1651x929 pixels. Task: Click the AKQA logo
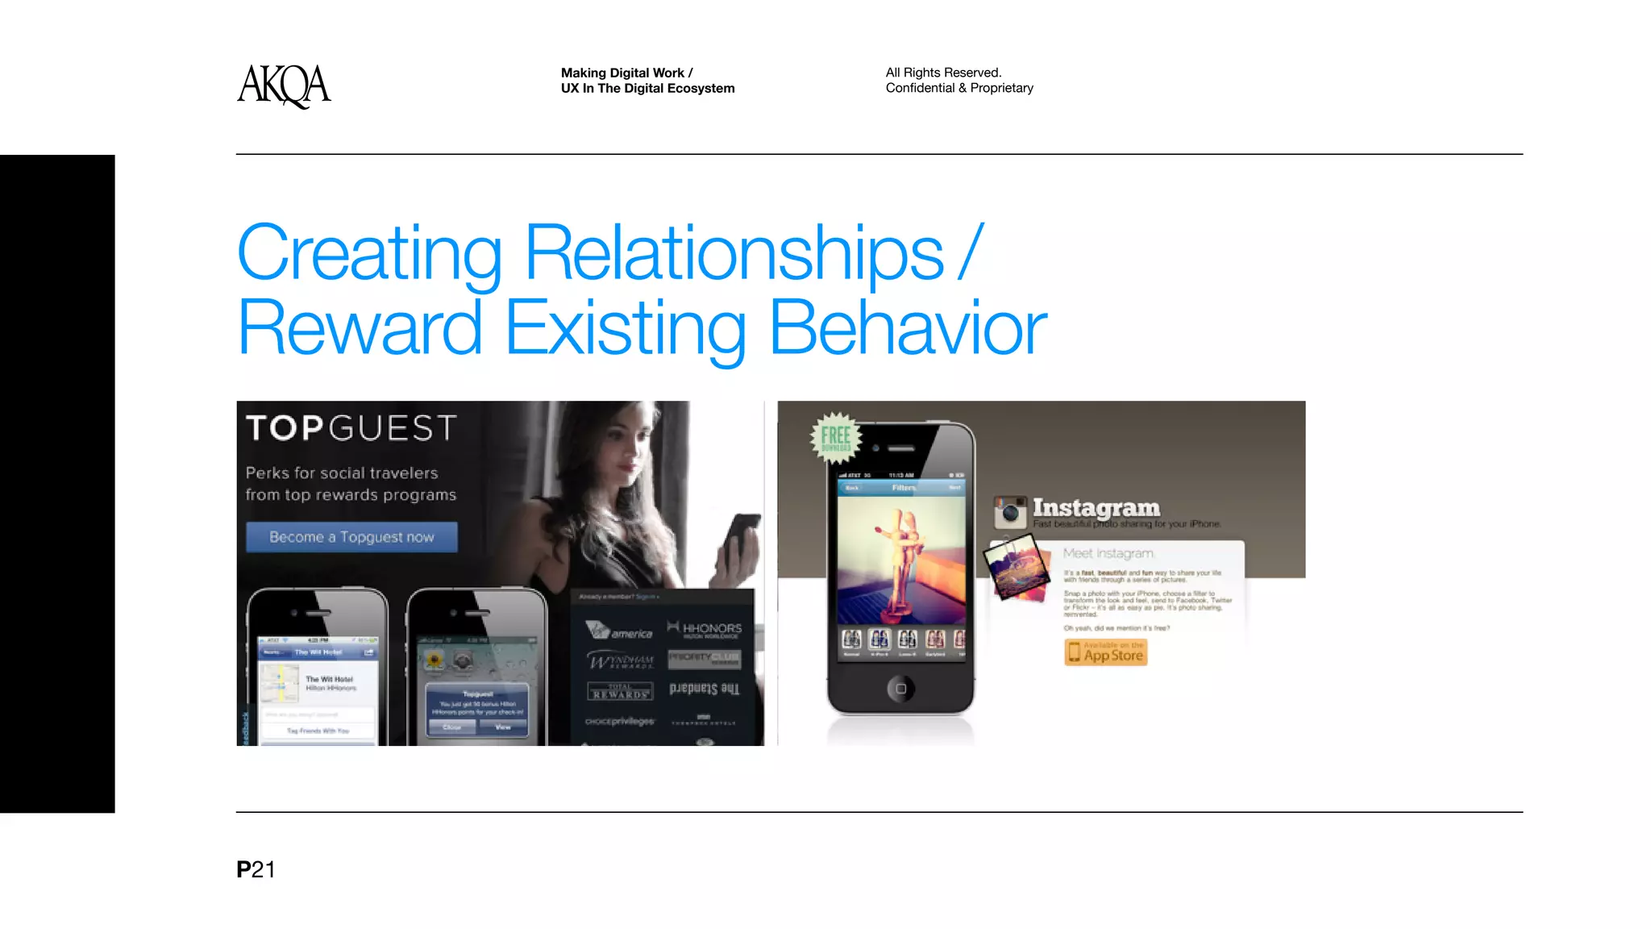pyautogui.click(x=284, y=85)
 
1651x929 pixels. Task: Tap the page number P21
pyautogui.click(x=256, y=869)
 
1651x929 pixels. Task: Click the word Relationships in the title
pyautogui.click(x=734, y=253)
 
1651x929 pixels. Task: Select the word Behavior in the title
pyautogui.click(x=908, y=328)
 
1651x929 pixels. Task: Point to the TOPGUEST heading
pyautogui.click(x=351, y=428)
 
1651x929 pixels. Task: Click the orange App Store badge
pyautogui.click(x=1106, y=652)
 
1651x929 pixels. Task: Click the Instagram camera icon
pyautogui.click(x=1010, y=511)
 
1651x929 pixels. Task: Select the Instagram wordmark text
pyautogui.click(x=1096, y=507)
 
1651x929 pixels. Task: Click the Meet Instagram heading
pyautogui.click(x=1108, y=553)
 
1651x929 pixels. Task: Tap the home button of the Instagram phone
pyautogui.click(x=900, y=689)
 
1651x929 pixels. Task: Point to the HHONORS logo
pyautogui.click(x=705, y=628)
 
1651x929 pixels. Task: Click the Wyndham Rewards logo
pyautogui.click(x=620, y=661)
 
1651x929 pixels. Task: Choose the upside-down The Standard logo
pyautogui.click(x=704, y=689)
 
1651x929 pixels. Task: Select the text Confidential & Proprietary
pyautogui.click(x=959, y=88)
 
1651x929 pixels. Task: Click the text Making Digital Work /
pyautogui.click(x=626, y=73)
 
